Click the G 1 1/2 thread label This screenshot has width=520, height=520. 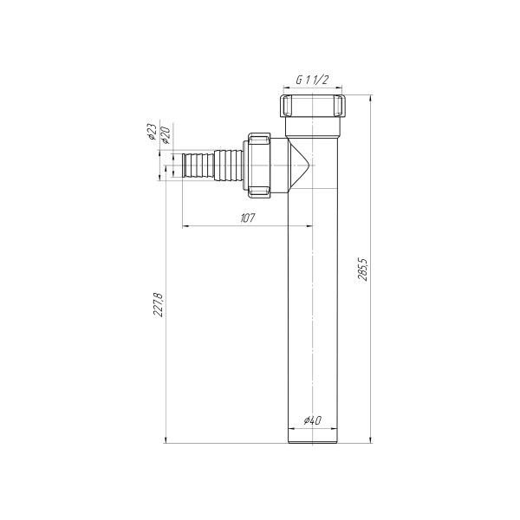click(x=312, y=79)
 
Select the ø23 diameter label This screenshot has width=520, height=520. click(x=152, y=133)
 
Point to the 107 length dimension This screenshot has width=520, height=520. click(x=246, y=218)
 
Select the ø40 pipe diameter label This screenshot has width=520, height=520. click(x=312, y=421)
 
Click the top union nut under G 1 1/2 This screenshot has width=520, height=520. click(x=312, y=107)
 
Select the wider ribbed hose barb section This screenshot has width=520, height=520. click(x=229, y=164)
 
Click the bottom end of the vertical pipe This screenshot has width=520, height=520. click(x=312, y=441)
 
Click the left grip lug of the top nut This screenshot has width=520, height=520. click(x=283, y=108)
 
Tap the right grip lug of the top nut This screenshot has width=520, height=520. click(x=342, y=108)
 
